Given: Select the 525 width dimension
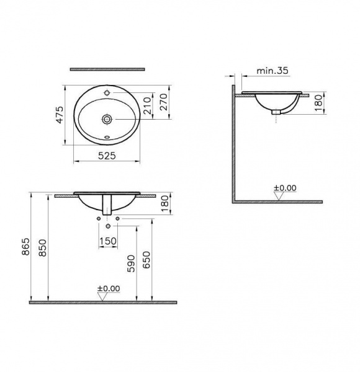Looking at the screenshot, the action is click(x=107, y=156).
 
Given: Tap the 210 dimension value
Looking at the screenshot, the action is click(x=147, y=106).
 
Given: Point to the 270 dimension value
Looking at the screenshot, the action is click(x=164, y=102).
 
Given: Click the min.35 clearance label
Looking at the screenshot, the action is click(x=272, y=71).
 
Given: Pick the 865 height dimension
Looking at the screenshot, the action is click(x=25, y=247).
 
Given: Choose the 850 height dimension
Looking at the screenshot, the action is click(x=43, y=248).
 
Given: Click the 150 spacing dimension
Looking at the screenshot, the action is click(x=108, y=241).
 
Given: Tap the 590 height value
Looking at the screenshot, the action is click(x=131, y=263).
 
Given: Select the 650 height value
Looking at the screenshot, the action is click(x=146, y=260).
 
